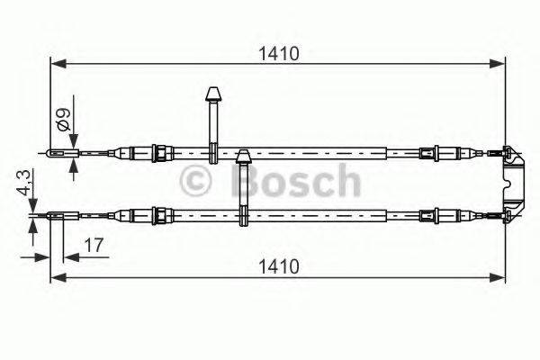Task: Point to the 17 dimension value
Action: tap(92, 244)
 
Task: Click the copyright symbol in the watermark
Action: tap(197, 181)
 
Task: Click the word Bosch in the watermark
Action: tap(296, 180)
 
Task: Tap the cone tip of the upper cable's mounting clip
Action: tap(214, 94)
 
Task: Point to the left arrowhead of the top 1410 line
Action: tap(56, 64)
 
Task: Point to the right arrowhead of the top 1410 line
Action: tap(499, 64)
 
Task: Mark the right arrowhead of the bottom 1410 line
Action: tap(499, 278)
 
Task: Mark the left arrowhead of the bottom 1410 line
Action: tap(56, 278)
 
